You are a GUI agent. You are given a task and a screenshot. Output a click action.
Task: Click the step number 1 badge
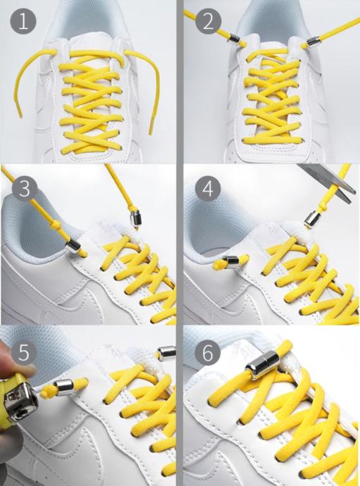[23, 22]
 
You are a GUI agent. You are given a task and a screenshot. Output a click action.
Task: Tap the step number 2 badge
[209, 22]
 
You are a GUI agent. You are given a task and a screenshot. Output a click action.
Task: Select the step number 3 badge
[25, 188]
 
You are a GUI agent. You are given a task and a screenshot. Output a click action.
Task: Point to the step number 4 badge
[209, 188]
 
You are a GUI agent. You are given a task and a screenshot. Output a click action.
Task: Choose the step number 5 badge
[23, 351]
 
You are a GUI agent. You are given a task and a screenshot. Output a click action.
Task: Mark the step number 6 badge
[208, 351]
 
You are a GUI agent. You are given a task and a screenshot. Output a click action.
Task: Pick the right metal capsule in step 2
[311, 42]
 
